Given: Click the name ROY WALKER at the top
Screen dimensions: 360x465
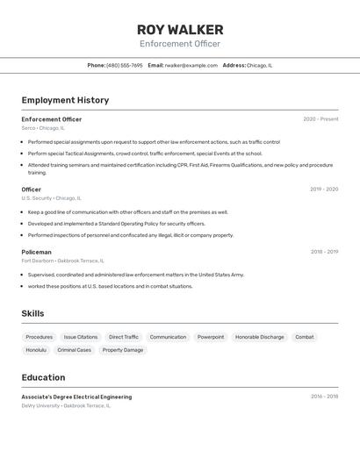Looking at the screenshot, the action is click(x=180, y=30).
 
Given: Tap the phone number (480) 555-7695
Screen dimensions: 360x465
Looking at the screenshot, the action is click(x=124, y=65).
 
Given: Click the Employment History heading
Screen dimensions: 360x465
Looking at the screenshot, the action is click(x=65, y=100).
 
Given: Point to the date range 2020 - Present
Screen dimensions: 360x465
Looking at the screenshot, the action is click(x=320, y=119).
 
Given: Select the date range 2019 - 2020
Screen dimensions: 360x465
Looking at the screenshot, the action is click(x=324, y=189).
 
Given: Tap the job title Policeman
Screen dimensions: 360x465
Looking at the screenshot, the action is click(x=36, y=252).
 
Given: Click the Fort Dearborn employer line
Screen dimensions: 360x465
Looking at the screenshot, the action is click(x=62, y=261).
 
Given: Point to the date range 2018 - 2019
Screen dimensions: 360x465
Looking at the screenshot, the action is click(x=324, y=252).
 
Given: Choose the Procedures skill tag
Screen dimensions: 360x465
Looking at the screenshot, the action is click(x=39, y=337).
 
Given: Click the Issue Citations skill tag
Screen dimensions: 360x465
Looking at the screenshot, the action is click(x=81, y=337).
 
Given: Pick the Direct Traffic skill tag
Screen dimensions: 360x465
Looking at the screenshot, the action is click(x=124, y=337).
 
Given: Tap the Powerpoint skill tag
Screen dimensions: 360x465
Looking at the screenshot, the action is click(x=211, y=337).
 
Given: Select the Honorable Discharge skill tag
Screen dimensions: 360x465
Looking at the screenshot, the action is click(x=260, y=337).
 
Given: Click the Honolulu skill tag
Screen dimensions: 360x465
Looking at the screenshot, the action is click(x=36, y=350).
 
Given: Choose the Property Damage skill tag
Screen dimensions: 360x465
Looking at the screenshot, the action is click(x=123, y=350).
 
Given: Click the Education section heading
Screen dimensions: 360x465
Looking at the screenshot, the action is click(x=43, y=377).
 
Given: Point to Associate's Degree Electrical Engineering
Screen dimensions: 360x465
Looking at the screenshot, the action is click(x=76, y=397).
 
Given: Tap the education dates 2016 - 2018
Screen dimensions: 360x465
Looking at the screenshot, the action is click(x=324, y=397).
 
